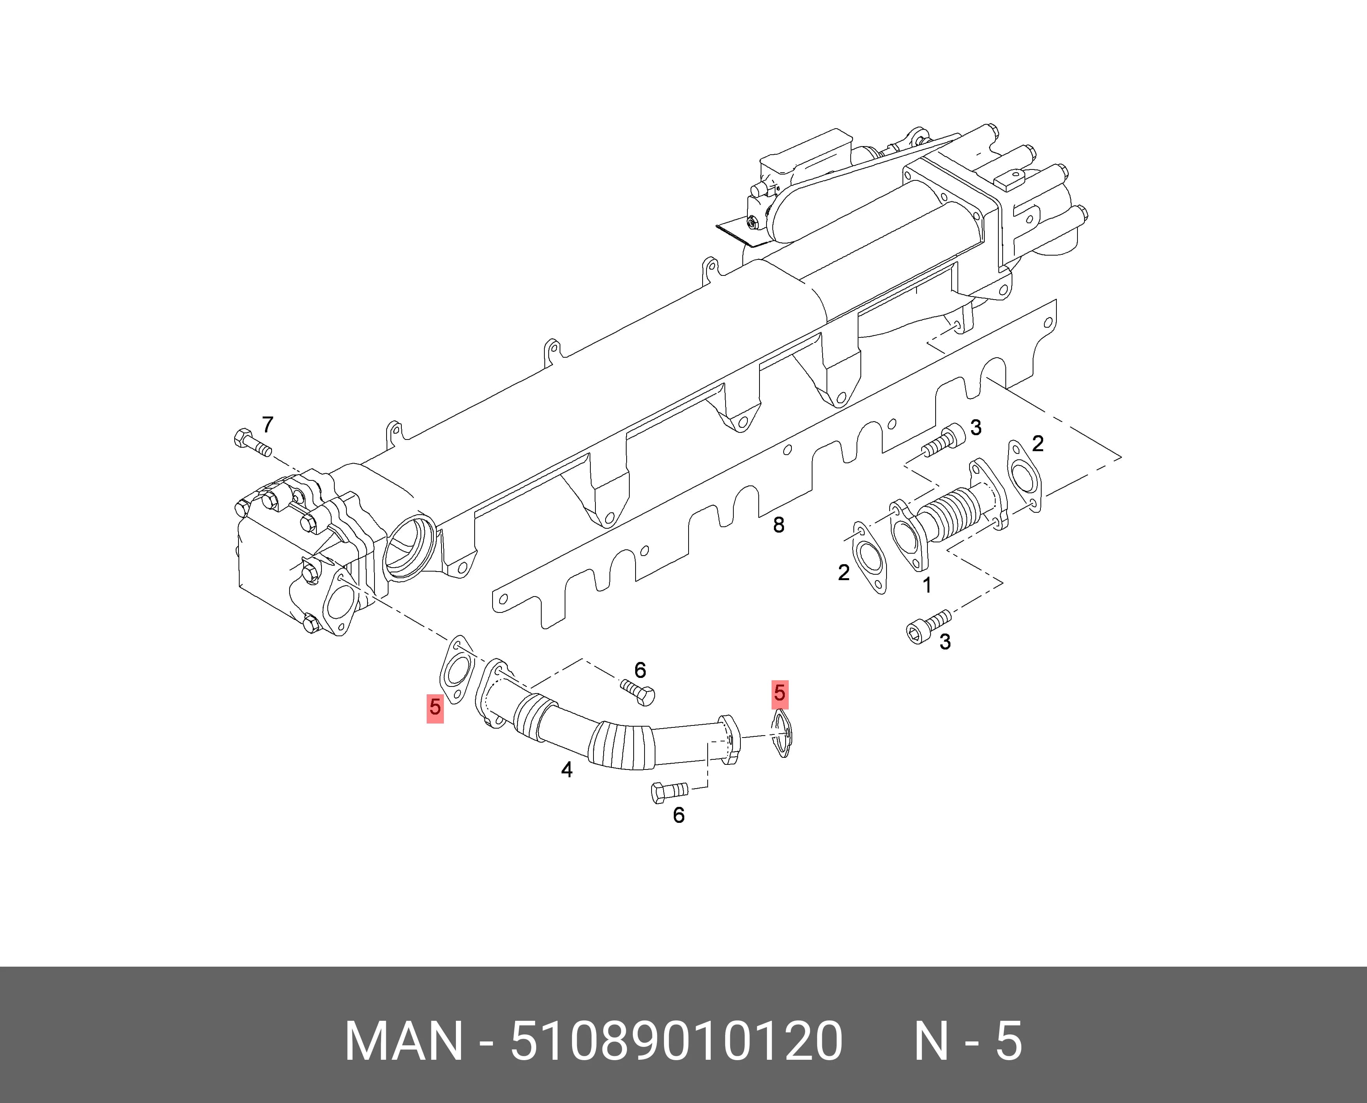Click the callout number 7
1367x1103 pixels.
click(x=268, y=424)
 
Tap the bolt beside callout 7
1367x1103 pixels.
click(x=252, y=443)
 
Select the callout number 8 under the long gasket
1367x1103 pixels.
click(x=779, y=525)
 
